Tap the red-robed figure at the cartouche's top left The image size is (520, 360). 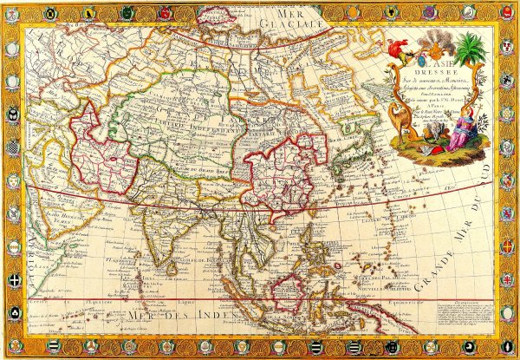400,49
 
